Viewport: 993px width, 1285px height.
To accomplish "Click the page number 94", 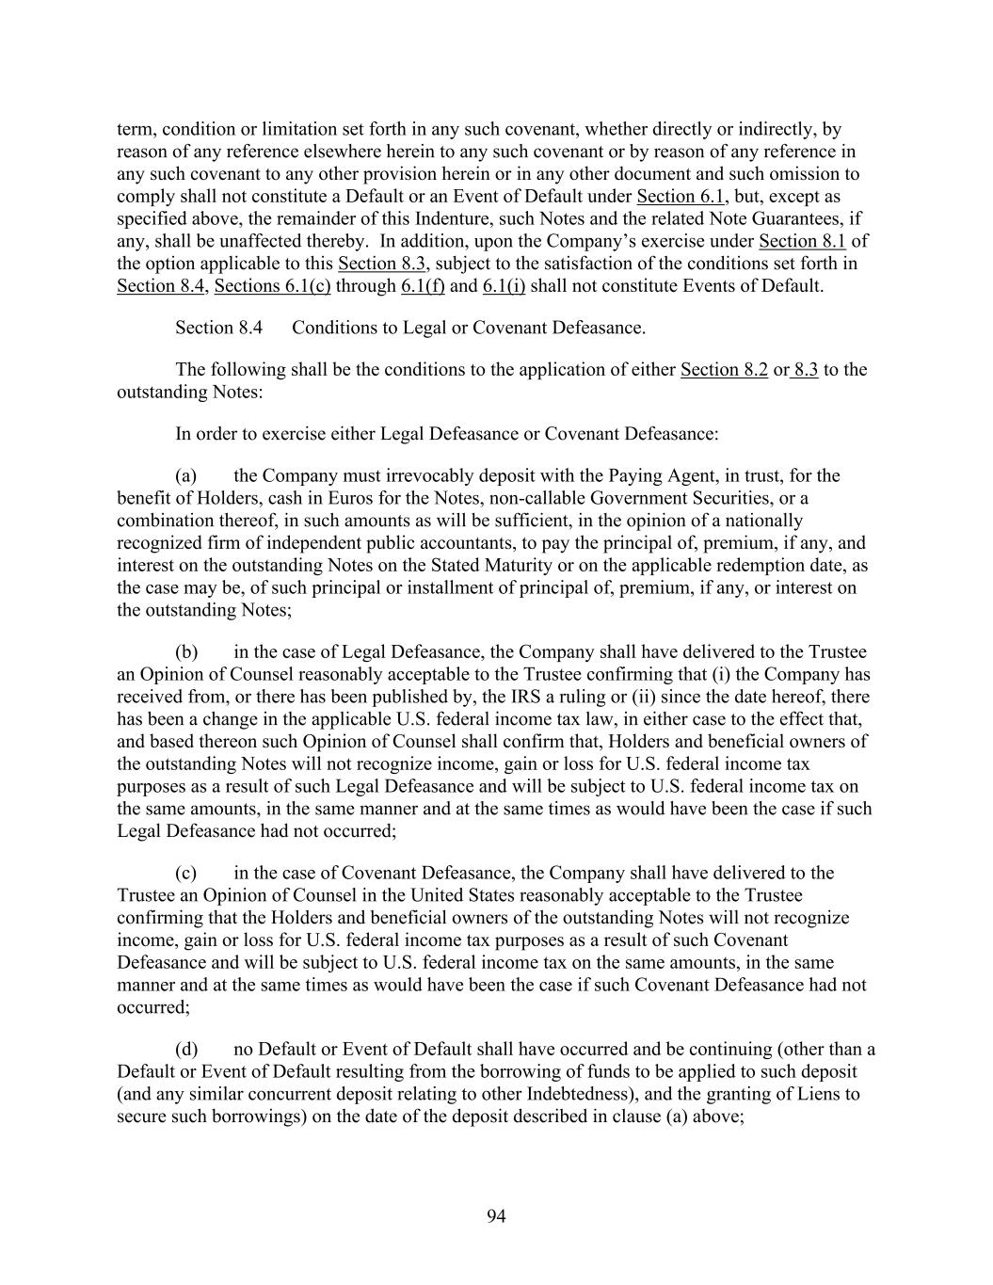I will click(496, 1216).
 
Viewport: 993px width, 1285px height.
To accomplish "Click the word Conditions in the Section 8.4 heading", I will click(330, 328).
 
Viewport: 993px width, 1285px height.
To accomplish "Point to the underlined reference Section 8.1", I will click(802, 241).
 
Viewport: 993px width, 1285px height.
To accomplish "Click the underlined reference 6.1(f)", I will click(423, 285).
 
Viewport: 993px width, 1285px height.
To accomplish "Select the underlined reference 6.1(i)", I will click(504, 285).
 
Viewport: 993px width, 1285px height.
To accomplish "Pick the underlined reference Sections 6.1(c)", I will click(272, 285).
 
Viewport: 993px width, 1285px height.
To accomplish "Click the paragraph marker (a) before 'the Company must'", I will click(185, 475).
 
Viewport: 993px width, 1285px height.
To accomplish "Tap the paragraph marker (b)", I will click(185, 652).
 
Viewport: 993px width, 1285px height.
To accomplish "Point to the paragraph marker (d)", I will click(185, 1050).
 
